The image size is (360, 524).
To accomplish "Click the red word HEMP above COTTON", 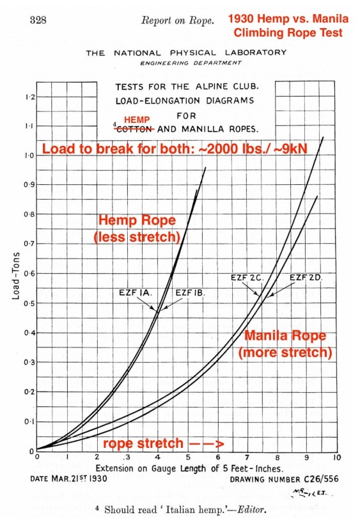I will [136, 120].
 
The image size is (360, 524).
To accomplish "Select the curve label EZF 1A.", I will [134, 292].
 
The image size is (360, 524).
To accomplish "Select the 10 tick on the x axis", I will [336, 458].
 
